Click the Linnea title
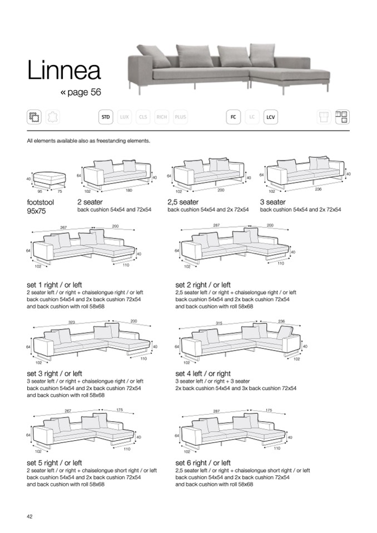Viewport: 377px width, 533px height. pyautogui.click(x=64, y=71)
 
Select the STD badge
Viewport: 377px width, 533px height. pyautogui.click(x=106, y=117)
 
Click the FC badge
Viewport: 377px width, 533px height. pyautogui.click(x=234, y=117)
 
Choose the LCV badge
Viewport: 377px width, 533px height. pyautogui.click(x=271, y=117)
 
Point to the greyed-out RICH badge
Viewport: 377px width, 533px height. pyautogui.click(x=162, y=117)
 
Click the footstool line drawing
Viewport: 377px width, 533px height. pyautogui.click(x=49, y=179)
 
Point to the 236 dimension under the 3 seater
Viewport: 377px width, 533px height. pyautogui.click(x=318, y=190)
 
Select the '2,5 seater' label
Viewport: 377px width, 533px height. pyautogui.click(x=183, y=202)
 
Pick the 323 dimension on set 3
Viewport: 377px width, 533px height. pyautogui.click(x=71, y=322)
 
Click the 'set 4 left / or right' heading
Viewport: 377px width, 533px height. pyautogui.click(x=203, y=374)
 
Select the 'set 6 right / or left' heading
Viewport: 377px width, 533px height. pyautogui.click(x=203, y=463)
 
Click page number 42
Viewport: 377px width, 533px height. pyautogui.click(x=30, y=516)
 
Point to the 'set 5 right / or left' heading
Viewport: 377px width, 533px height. pyautogui.click(x=54, y=463)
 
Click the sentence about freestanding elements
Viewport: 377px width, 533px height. pyautogui.click(x=88, y=141)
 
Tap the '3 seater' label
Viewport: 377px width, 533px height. pyautogui.click(x=272, y=202)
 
